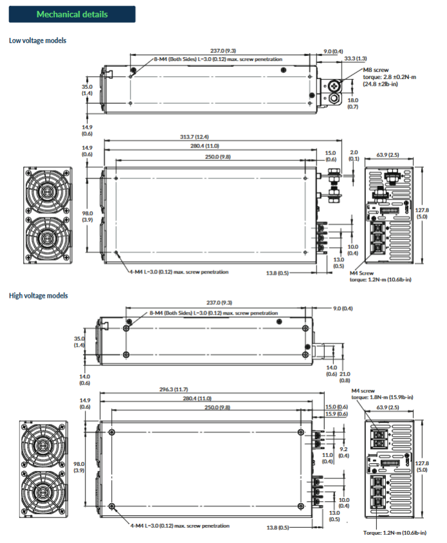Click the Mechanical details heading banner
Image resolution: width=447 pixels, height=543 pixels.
point(72,14)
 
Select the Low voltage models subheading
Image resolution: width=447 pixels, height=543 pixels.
point(37,41)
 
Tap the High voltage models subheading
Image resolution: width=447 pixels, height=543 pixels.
point(38,295)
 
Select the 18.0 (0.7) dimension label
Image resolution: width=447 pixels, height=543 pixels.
point(353,104)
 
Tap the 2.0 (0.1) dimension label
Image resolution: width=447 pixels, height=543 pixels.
point(354,156)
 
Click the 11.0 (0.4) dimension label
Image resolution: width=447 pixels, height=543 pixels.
point(327,457)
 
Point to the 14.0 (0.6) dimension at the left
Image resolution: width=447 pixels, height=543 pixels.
point(85,380)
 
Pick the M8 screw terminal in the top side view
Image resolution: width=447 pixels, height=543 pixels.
point(334,86)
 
